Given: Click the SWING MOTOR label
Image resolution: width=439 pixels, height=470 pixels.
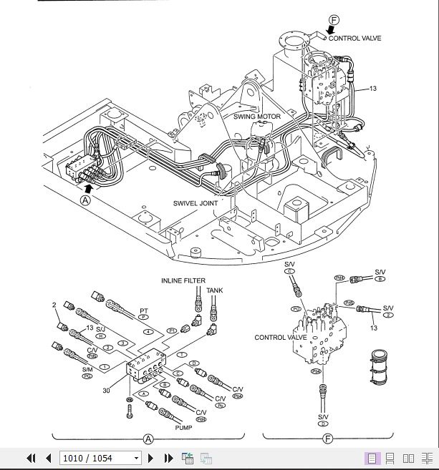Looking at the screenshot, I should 256,115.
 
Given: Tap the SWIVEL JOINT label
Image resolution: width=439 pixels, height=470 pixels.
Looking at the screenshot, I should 196,202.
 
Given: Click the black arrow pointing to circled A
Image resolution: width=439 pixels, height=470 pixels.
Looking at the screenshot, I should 87,187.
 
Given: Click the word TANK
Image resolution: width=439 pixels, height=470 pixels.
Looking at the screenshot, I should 215,290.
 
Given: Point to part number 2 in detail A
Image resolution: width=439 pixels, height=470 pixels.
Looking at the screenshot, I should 54,305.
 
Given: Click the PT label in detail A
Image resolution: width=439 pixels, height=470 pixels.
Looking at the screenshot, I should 144,311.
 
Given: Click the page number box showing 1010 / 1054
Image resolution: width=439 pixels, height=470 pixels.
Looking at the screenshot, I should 100,458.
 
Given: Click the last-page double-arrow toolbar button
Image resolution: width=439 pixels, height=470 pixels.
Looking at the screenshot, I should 169,458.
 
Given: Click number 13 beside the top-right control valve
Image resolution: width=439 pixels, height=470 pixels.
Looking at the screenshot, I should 372,89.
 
